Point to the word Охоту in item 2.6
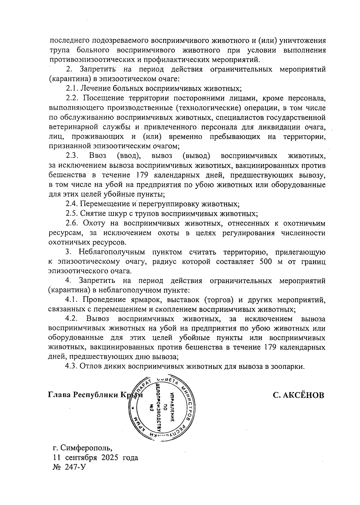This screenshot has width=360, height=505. click(95, 223)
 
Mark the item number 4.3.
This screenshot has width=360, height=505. click(72, 367)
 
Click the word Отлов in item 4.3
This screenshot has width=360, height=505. click(90, 367)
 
